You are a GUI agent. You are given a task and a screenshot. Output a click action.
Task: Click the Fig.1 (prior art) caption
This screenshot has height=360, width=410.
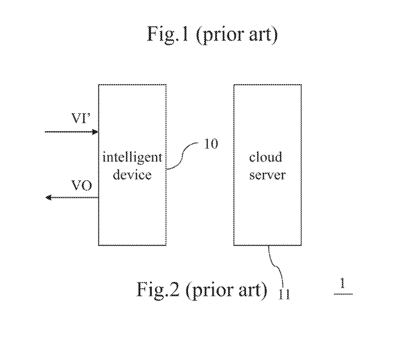[212, 34]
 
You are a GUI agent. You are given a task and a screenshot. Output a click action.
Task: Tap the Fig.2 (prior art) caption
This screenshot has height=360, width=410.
[202, 290]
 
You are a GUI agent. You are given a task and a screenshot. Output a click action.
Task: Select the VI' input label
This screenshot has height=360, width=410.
[81, 118]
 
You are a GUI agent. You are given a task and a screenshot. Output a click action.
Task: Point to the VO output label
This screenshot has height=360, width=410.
[82, 186]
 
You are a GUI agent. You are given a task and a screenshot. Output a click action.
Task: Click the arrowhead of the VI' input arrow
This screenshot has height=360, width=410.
[96, 132]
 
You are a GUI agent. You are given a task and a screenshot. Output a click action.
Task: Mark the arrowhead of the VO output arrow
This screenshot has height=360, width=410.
[48, 197]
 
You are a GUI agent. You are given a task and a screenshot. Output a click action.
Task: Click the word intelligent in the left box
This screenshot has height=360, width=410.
[132, 158]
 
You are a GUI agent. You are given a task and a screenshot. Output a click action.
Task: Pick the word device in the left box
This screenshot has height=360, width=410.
[132, 174]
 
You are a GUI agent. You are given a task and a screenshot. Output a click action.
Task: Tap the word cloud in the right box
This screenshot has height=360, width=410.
[265, 157]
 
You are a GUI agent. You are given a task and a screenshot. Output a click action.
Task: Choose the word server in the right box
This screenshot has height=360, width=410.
[267, 175]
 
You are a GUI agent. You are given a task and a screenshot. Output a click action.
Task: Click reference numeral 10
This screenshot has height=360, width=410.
[211, 144]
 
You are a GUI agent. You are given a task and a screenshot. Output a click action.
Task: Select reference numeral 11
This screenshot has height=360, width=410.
[284, 295]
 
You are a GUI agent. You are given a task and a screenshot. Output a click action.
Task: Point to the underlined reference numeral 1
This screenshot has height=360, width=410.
[343, 283]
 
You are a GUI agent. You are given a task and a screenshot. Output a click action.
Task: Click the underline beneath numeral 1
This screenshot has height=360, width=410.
[343, 294]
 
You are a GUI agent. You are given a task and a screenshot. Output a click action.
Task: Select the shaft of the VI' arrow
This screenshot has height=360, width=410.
[69, 132]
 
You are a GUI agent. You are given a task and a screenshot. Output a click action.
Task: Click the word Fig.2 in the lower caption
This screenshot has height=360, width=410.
[158, 290]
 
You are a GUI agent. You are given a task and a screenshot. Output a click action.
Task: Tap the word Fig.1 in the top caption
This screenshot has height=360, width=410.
[168, 34]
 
